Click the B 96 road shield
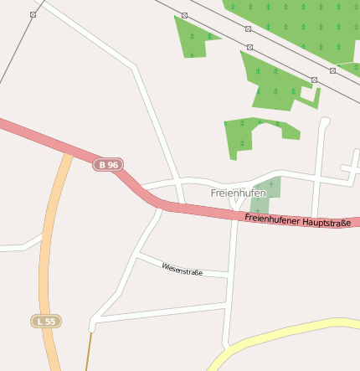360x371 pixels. (108, 165)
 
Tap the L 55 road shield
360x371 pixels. (47, 321)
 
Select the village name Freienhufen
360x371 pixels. (238, 193)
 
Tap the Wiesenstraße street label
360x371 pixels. (183, 269)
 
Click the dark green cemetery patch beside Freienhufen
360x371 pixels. (264, 194)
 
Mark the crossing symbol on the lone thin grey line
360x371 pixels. (33, 14)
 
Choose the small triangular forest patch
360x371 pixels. (192, 38)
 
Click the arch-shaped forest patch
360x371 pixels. (247, 134)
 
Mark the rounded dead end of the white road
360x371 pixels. (325, 122)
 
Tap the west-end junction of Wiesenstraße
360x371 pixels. (140, 252)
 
